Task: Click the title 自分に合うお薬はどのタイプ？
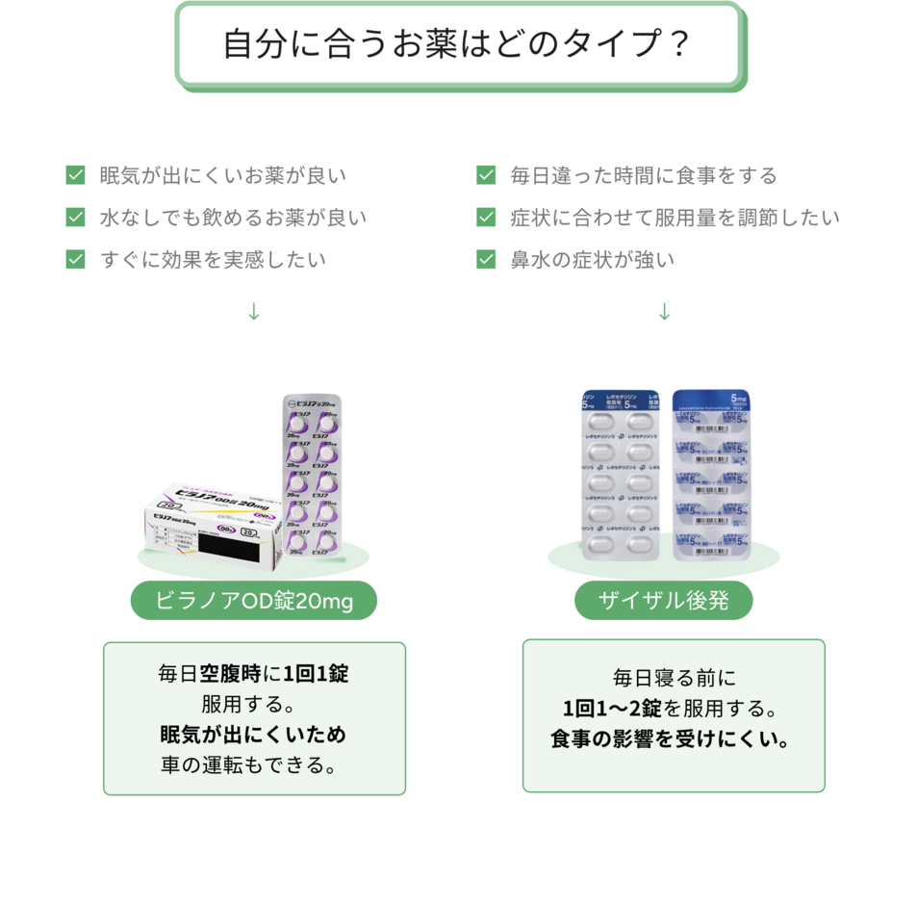point(457,45)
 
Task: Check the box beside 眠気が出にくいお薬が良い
point(75,175)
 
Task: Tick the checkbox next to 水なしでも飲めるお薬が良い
point(75,218)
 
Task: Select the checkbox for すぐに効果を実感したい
point(75,260)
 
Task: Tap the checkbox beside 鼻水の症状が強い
point(486,260)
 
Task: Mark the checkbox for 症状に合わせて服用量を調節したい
point(486,218)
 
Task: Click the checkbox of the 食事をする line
point(486,175)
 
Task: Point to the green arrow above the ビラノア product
point(254,312)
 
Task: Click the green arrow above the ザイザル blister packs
point(664,312)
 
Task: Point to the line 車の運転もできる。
point(254,766)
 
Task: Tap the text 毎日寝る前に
point(674,677)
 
